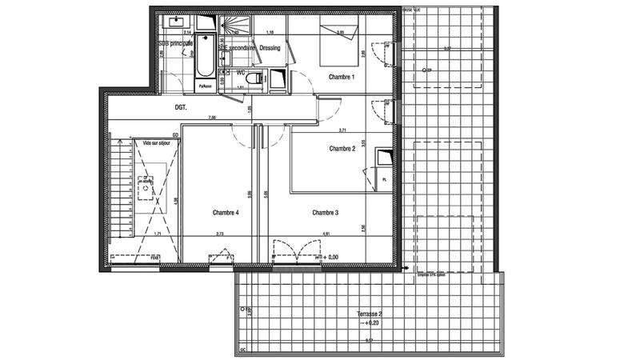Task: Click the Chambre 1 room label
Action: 341,77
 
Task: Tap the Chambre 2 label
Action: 342,149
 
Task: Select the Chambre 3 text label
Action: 326,213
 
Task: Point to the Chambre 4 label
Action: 226,213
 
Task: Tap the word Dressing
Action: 270,47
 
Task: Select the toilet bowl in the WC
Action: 254,78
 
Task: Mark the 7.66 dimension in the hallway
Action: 211,118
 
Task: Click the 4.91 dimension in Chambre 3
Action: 326,234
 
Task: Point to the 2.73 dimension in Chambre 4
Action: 219,234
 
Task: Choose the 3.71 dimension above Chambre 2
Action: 342,130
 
